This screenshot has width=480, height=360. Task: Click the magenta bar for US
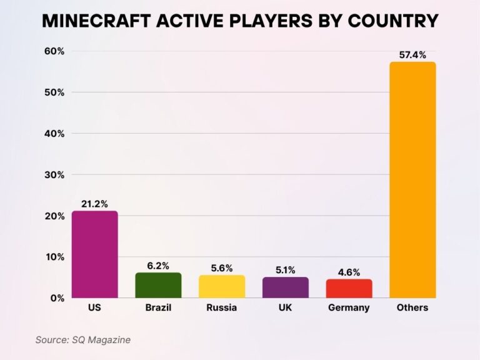click(94, 254)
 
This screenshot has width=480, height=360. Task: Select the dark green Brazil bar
click(158, 285)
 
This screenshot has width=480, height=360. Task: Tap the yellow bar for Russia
click(222, 286)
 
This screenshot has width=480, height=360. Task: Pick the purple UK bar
click(285, 287)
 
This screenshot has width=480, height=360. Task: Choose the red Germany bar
click(349, 288)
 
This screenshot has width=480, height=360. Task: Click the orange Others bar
click(412, 180)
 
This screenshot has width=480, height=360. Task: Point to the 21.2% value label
click(94, 204)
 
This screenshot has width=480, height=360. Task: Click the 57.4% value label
click(412, 55)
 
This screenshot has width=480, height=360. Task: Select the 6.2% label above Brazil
click(158, 266)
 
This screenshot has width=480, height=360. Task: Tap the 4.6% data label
click(349, 272)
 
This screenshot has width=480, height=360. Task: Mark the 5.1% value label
click(285, 270)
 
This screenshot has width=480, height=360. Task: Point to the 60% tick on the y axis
click(54, 51)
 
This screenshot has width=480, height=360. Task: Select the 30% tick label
click(54, 175)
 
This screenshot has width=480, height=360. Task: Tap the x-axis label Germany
click(349, 307)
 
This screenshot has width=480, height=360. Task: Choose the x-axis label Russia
click(222, 307)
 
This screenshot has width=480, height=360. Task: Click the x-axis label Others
click(412, 307)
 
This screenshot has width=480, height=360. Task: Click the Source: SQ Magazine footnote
click(82, 339)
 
